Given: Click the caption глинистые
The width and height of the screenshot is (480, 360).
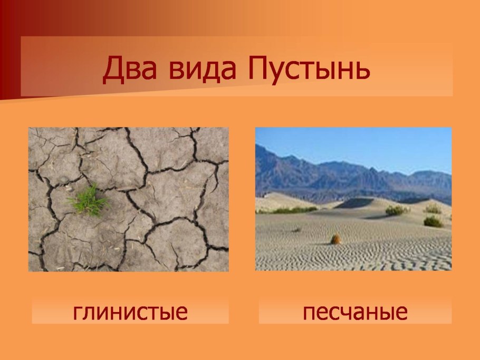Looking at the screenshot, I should pyautogui.click(x=130, y=312).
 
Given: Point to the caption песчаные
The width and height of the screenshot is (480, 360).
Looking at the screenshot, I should pyautogui.click(x=355, y=312).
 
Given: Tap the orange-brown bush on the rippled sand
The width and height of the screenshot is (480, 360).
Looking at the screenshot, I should pyautogui.click(x=335, y=239).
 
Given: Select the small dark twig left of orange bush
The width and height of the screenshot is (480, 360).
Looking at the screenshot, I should pyautogui.click(x=296, y=230).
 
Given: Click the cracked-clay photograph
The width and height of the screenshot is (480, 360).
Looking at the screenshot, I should pyautogui.click(x=128, y=199).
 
